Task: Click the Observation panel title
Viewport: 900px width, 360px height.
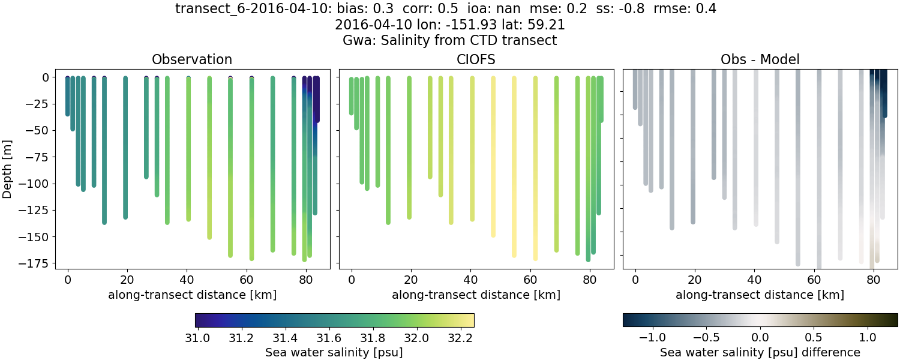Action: pyautogui.click(x=192, y=59)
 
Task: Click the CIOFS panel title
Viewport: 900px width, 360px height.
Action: pyautogui.click(x=476, y=59)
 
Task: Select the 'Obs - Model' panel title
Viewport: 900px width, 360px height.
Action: pyautogui.click(x=760, y=59)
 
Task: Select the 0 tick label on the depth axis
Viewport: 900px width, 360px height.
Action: pyautogui.click(x=45, y=77)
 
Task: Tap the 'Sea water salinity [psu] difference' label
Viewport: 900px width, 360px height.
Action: pyautogui.click(x=760, y=352)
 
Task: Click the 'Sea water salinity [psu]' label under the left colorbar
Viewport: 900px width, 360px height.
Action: pyautogui.click(x=334, y=352)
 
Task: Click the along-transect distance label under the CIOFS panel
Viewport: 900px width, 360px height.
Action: pyautogui.click(x=476, y=295)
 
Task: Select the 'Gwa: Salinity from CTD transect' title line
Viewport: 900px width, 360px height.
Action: pyautogui.click(x=449, y=41)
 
